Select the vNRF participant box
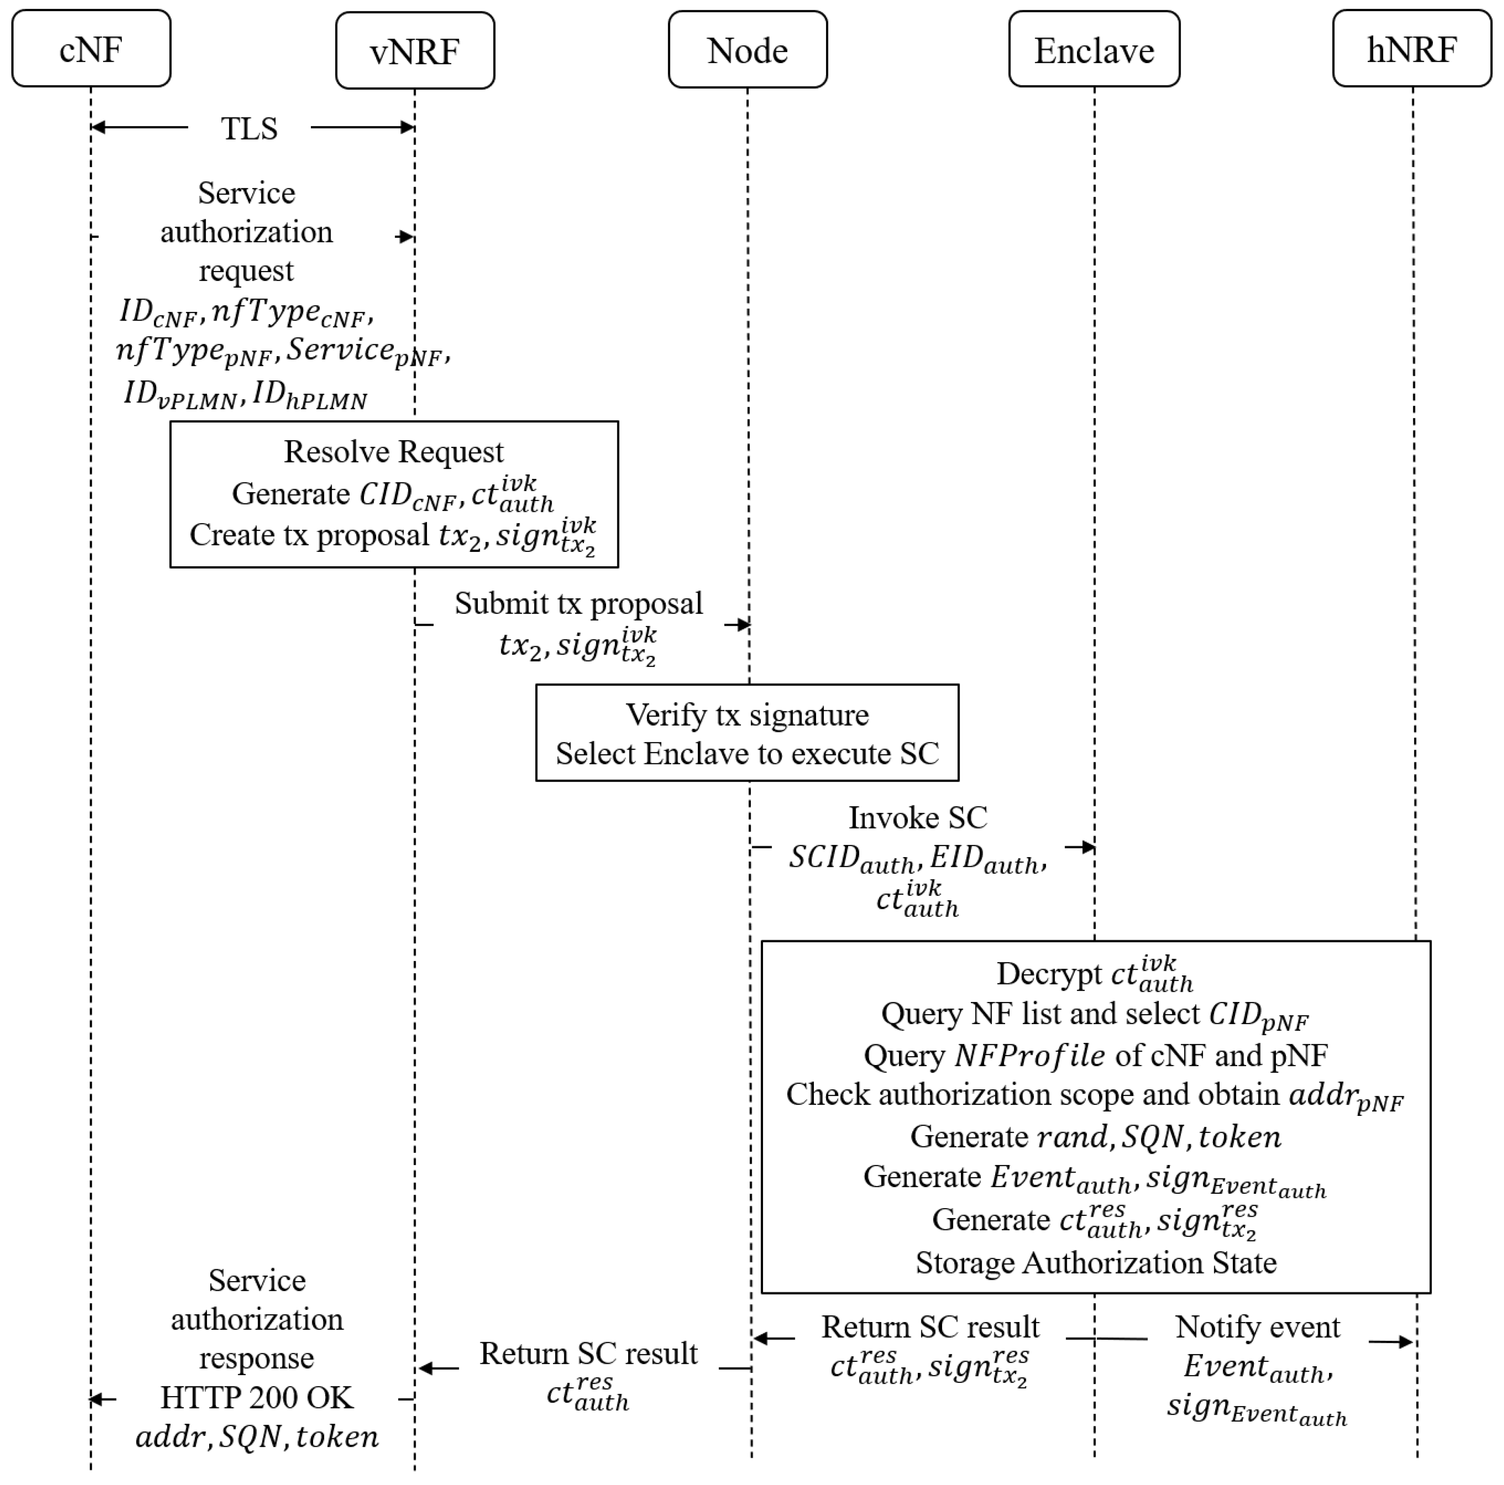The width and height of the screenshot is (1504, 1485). click(415, 50)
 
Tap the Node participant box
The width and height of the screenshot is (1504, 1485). click(747, 50)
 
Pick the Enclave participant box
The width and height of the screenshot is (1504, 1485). click(1094, 50)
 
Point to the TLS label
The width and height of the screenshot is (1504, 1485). click(249, 128)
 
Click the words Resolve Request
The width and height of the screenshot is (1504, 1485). click(394, 451)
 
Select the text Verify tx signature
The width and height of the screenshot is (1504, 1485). click(747, 715)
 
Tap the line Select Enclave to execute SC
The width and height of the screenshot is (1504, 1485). click(747, 754)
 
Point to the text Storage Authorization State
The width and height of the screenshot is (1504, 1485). click(1095, 1262)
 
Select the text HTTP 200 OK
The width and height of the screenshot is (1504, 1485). click(257, 1398)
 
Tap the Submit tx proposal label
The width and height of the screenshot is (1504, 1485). click(579, 604)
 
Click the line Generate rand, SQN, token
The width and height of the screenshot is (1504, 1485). click(1095, 1137)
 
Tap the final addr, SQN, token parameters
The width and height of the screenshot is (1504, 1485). click(257, 1437)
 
